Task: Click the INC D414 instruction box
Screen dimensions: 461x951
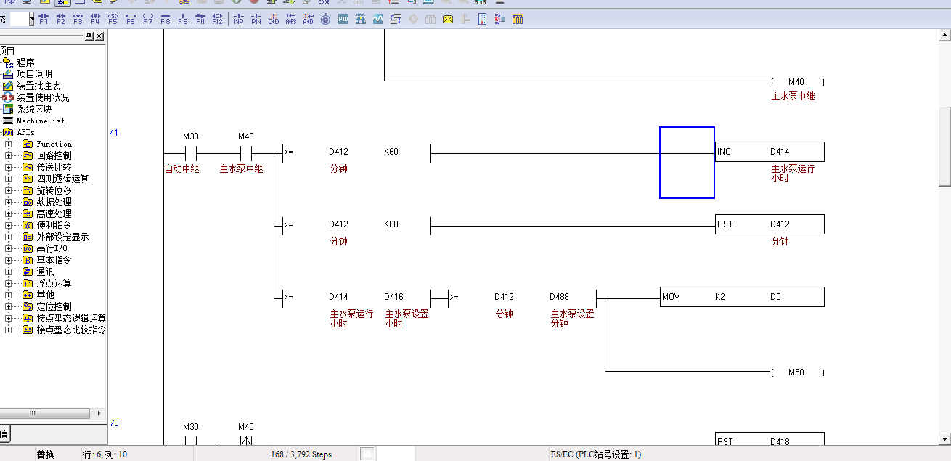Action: tap(769, 152)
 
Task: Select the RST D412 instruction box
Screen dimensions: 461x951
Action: tap(769, 224)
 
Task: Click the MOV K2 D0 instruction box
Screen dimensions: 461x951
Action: tap(742, 297)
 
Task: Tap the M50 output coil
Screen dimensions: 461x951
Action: tap(797, 372)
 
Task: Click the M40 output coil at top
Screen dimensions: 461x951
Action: tap(797, 82)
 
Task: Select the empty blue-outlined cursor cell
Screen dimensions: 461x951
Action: tap(687, 163)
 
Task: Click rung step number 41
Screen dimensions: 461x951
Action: tap(114, 133)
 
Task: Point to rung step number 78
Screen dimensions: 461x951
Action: tap(114, 423)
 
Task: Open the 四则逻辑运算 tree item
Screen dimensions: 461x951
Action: tap(62, 179)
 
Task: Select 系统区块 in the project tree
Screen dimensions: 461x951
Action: tap(34, 109)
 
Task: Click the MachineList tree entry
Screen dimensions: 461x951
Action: tap(41, 121)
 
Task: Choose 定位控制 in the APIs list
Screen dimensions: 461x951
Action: tap(54, 306)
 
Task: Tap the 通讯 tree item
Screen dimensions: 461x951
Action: tap(45, 272)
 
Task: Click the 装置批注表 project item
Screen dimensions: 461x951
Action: tap(38, 86)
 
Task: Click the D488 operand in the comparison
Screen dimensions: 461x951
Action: tap(560, 297)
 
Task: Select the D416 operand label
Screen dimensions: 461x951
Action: tap(394, 297)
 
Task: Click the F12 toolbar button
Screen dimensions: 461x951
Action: tap(217, 20)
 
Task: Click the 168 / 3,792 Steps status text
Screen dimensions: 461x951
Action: tap(301, 454)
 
